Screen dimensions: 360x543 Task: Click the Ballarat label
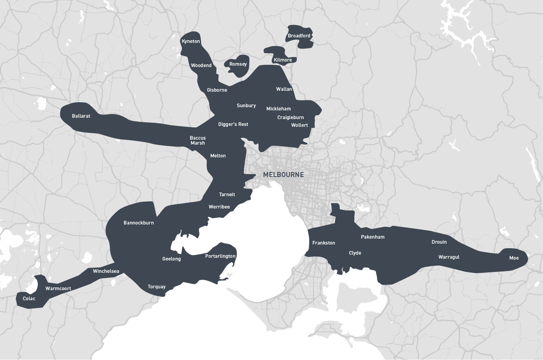point(81,116)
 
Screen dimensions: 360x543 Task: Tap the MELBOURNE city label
point(283,175)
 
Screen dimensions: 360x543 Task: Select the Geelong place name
point(171,259)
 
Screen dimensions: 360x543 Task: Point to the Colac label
point(29,299)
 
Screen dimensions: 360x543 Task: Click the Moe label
point(514,258)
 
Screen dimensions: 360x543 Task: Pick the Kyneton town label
point(191,41)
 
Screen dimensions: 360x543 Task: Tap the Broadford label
point(299,36)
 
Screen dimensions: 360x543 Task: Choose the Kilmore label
point(283,60)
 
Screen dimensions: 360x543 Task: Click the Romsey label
point(238,64)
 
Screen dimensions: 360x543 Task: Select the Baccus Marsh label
point(198,140)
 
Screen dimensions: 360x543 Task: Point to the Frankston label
point(324,243)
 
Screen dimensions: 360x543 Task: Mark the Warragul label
point(449,257)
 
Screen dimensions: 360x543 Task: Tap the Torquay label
point(156,287)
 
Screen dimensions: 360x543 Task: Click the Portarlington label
point(220,256)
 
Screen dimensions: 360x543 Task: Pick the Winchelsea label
point(106,271)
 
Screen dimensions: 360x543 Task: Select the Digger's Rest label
point(233,124)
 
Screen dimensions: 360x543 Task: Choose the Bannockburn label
point(139,223)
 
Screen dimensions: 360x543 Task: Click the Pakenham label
point(372,237)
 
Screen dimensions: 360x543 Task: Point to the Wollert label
point(300,125)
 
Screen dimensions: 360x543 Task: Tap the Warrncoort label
point(58,288)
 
